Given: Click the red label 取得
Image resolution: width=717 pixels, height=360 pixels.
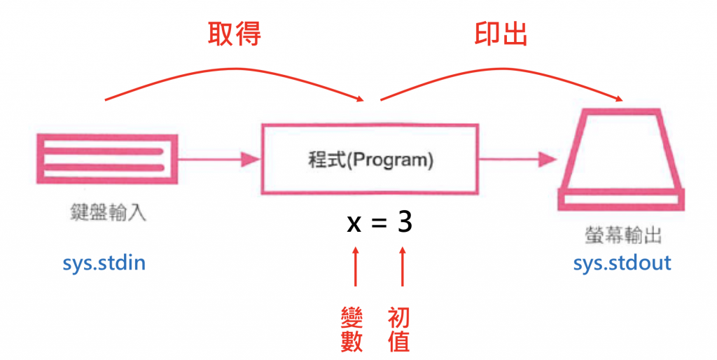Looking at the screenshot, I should [235, 34].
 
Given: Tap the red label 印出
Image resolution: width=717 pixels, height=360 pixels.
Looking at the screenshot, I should [501, 34].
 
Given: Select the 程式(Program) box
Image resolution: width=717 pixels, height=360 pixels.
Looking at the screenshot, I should [370, 159].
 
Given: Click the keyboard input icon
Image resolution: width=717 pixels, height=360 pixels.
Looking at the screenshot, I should [106, 159].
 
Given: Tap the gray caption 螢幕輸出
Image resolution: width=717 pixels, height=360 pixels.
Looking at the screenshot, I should [622, 233].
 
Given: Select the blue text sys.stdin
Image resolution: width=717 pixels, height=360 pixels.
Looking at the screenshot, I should [104, 263].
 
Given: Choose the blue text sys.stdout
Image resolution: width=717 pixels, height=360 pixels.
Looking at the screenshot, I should [622, 263].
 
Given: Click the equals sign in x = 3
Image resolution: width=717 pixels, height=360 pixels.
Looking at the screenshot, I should [379, 223].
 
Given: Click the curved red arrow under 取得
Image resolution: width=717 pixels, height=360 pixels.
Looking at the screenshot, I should [238, 69].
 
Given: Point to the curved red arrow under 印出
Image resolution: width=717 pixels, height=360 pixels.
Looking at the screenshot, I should [501, 71].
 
